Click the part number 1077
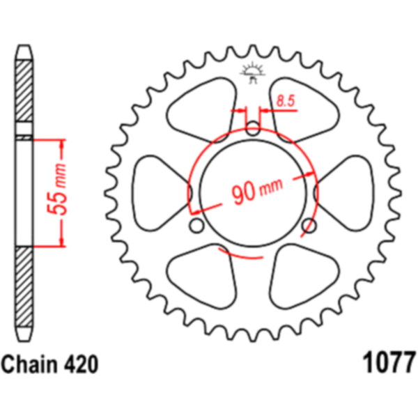pos(389,363)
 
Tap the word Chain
pos(29,364)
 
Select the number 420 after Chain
pos(81,364)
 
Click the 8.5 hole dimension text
pos(286,101)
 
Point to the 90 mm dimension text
pos(256,191)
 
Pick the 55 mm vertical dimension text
pos(57,189)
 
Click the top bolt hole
pos(252,128)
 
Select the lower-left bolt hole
pos(196,226)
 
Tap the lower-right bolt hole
pos(309,226)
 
